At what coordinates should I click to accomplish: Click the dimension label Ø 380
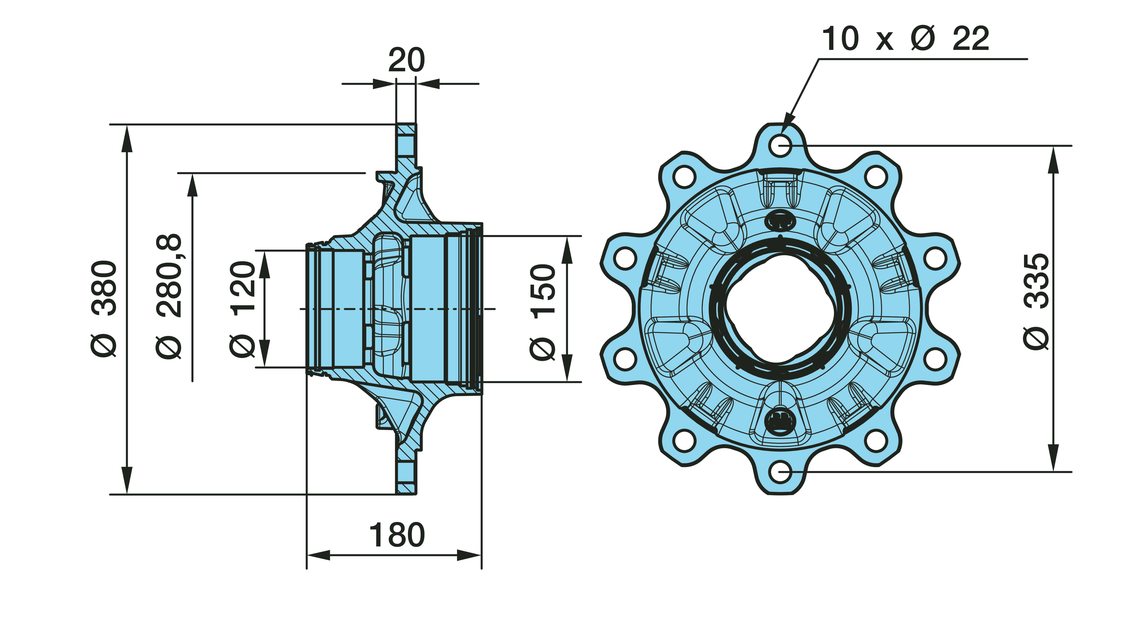coord(104,309)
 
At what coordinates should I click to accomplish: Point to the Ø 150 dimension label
coord(543,313)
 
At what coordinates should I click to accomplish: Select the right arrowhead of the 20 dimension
coord(428,83)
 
